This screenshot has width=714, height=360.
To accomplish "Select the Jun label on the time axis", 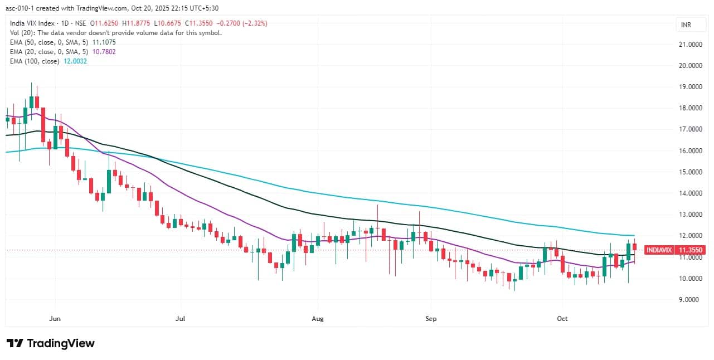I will (55, 319).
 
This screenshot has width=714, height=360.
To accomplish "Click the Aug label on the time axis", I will (318, 319).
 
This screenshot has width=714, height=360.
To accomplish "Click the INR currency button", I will (686, 25).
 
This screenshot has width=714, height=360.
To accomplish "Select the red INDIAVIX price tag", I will (659, 250).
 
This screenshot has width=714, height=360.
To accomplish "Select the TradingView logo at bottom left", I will (50, 343).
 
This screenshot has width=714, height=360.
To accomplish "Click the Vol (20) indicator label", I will (22, 33).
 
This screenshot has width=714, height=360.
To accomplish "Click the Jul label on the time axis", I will (180, 319).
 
